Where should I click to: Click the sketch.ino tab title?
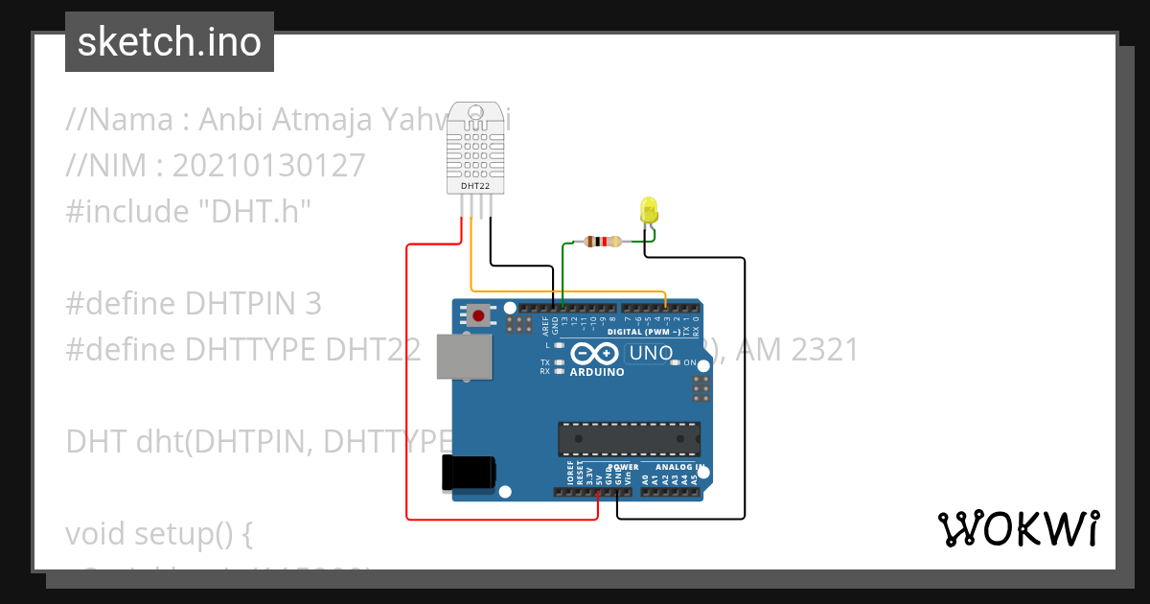tap(170, 42)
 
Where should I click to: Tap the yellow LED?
tap(649, 210)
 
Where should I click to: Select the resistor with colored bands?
tap(601, 242)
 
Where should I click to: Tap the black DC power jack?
tap(468, 473)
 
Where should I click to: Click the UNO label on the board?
tap(651, 353)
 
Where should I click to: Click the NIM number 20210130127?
tap(270, 165)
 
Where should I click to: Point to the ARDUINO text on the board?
tap(596, 372)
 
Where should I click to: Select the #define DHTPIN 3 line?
tap(194, 303)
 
